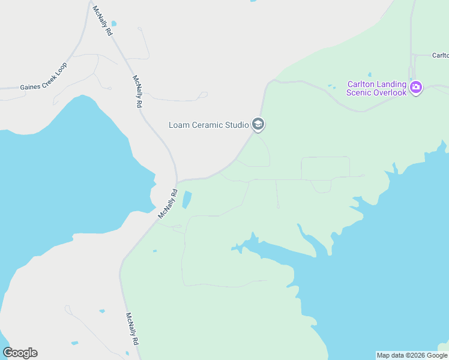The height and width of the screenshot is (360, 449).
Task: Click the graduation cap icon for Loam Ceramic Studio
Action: click(258, 125)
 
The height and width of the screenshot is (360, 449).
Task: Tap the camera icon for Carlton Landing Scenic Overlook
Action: click(416, 88)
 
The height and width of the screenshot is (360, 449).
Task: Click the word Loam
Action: click(179, 125)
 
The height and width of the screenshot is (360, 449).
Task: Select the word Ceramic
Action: click(208, 125)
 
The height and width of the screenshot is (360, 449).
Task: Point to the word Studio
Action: click(237, 125)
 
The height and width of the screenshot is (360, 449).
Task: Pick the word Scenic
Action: click(360, 92)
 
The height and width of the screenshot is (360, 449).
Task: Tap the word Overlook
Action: click(390, 92)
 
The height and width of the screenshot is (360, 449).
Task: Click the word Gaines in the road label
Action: click(30, 86)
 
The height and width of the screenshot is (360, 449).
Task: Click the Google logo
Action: click(20, 353)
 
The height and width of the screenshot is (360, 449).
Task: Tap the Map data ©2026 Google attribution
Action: click(412, 355)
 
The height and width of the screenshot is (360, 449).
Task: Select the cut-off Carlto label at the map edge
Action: click(440, 55)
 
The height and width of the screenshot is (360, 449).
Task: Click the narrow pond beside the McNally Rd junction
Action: click(187, 200)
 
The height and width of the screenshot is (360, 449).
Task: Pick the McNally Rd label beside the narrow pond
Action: click(169, 204)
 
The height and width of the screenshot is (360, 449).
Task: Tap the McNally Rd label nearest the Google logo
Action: click(132, 328)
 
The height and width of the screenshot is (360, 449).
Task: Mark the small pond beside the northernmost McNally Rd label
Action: click(114, 24)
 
